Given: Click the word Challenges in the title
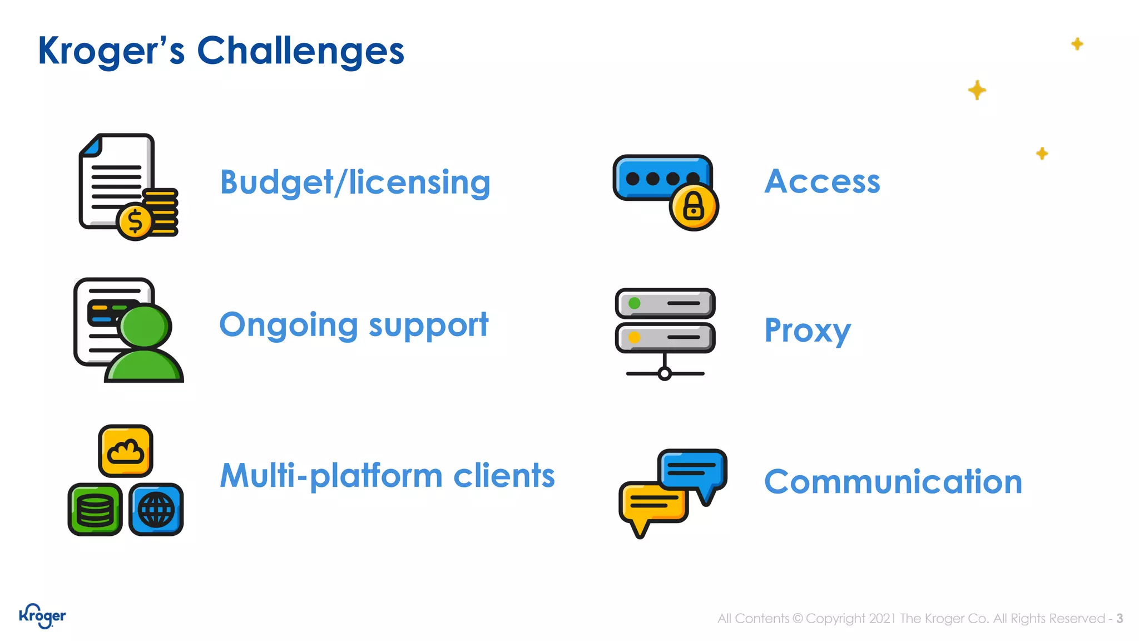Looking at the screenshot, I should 300,51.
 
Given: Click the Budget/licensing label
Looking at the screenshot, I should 355,183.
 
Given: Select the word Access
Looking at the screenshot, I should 822,181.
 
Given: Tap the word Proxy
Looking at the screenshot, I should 807,331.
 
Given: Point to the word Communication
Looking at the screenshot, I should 893,481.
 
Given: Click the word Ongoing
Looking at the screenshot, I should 289,325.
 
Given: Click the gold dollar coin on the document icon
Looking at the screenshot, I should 135,221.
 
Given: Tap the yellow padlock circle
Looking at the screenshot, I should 694,207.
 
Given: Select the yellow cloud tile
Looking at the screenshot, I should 126,451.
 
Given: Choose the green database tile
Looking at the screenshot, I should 95,510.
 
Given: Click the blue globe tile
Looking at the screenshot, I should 156,510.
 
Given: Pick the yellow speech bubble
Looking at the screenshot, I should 653,502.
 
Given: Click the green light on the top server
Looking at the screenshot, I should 634,304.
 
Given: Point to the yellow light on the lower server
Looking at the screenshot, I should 634,337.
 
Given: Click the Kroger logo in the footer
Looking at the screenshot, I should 42,616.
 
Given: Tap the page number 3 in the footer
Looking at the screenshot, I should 1120,619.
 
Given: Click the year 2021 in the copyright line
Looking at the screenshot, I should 883,619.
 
